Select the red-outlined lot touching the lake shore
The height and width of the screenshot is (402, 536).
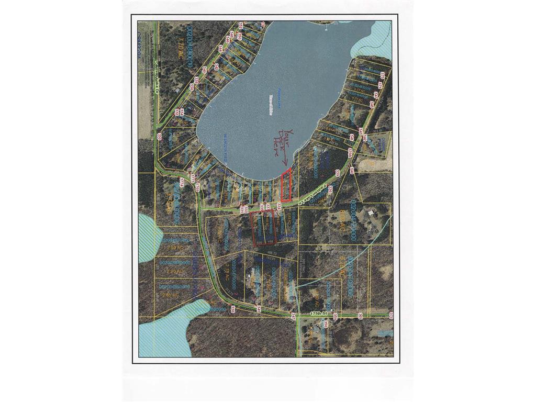[285, 186]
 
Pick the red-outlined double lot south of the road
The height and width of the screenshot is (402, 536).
[263, 229]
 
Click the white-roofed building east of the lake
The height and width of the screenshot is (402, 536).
[371, 213]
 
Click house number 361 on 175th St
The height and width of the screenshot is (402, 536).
[360, 316]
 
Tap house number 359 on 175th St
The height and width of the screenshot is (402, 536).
[334, 316]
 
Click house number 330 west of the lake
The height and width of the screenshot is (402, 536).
[159, 137]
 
